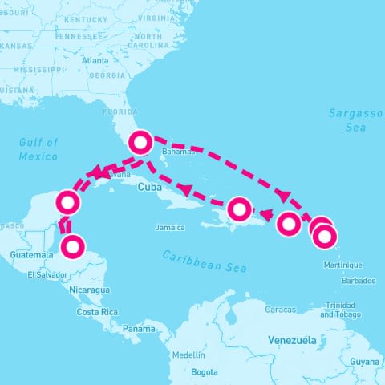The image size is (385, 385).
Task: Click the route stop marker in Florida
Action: point(141,143)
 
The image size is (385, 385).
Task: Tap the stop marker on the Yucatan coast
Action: point(69,202)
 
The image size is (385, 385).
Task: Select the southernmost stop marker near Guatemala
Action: point(72,246)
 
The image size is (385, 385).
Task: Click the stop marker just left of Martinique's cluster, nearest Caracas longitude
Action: point(288,224)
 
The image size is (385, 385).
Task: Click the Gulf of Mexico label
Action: point(38,148)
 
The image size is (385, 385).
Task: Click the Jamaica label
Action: point(170,228)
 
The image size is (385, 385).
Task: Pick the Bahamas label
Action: point(178,151)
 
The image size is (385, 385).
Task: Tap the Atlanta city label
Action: point(95,60)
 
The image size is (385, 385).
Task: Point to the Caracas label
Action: point(282,309)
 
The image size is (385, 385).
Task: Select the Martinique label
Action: point(343,265)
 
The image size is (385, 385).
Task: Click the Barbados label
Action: point(358,281)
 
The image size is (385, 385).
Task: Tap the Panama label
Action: point(139,329)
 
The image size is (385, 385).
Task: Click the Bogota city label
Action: point(205,372)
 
